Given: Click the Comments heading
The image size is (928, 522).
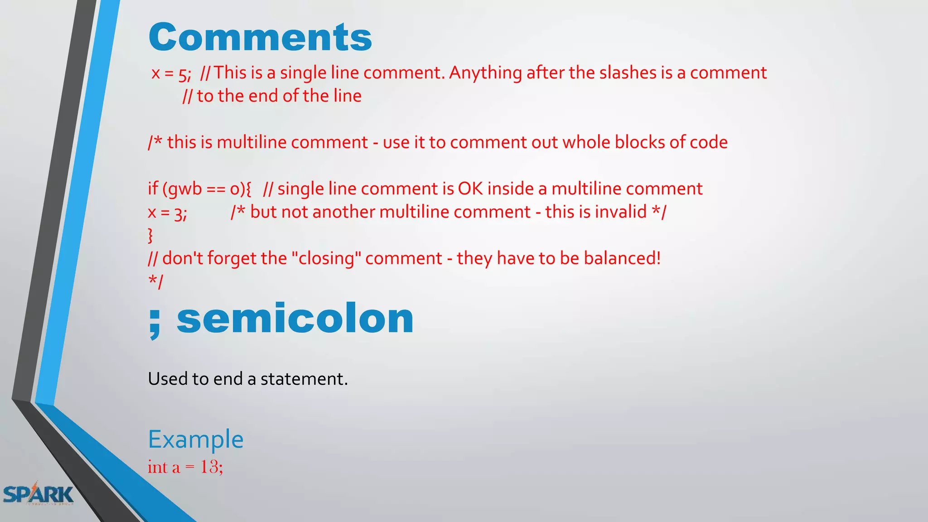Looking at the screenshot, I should click(260, 37).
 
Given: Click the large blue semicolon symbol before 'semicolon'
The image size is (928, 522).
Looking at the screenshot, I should click(155, 321).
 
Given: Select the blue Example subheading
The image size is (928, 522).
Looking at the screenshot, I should click(196, 439).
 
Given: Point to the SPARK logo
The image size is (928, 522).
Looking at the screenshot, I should click(38, 494).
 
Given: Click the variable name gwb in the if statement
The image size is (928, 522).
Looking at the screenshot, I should click(185, 189).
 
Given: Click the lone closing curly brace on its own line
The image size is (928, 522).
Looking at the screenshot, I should click(150, 236).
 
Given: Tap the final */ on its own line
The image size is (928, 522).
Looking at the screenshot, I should click(155, 281).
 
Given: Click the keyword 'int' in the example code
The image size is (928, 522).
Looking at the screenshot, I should click(157, 467).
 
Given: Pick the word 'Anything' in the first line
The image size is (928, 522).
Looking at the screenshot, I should click(485, 72).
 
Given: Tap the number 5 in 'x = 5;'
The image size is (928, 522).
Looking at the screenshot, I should click(184, 74).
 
